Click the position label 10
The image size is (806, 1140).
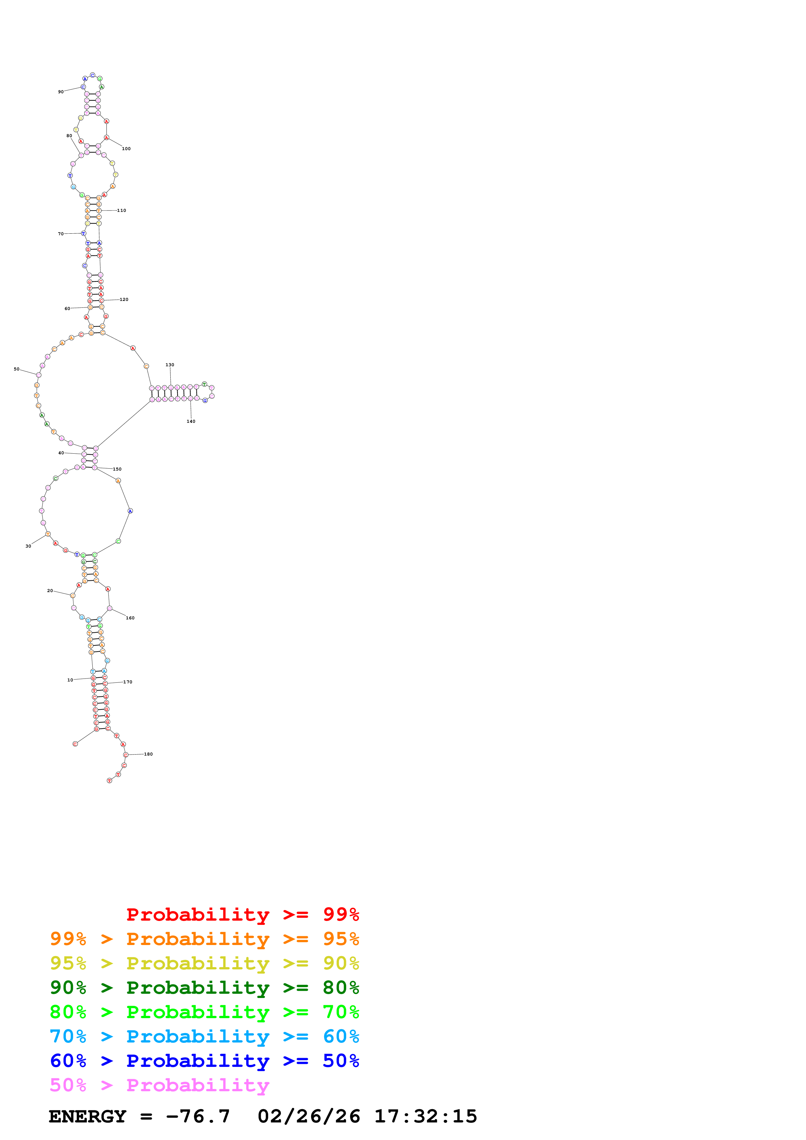(70, 680)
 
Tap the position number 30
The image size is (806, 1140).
(28, 546)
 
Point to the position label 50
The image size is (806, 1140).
(16, 369)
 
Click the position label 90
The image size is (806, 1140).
(60, 92)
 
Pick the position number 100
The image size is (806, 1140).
(126, 149)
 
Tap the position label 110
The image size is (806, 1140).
(122, 211)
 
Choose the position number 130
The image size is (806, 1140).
(170, 365)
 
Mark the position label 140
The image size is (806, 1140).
(191, 421)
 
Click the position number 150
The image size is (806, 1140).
(117, 469)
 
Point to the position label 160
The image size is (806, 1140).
(130, 618)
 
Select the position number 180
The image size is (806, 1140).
(149, 754)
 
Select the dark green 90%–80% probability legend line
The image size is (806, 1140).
(204, 988)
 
